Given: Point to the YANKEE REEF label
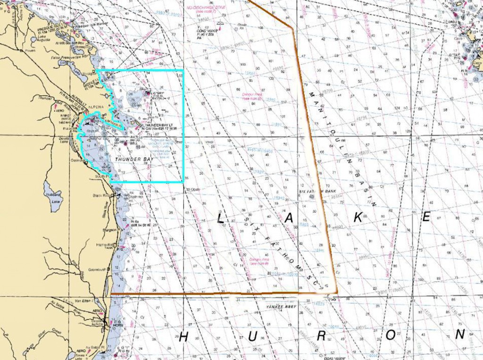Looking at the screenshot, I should [x=276, y=306].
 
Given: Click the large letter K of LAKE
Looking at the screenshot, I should [x=358, y=217].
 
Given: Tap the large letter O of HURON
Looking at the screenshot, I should [x=391, y=335].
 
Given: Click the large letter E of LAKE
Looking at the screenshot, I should [x=426, y=217].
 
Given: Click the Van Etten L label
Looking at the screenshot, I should [x=85, y=301].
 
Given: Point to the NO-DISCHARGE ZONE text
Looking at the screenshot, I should [x=213, y=8].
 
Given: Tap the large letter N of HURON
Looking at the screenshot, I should [x=460, y=334].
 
